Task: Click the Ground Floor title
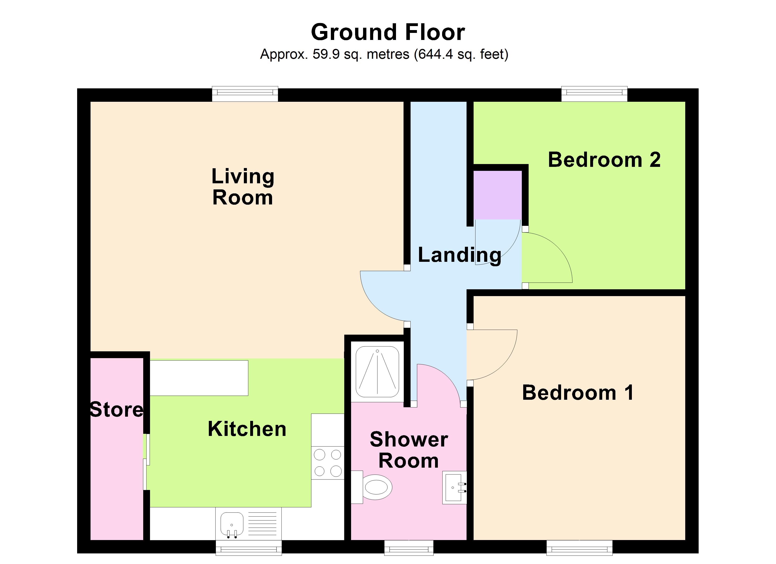388,32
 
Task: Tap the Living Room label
243,187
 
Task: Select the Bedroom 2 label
604,160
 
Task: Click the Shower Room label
409,450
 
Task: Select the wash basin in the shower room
454,487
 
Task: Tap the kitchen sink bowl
232,526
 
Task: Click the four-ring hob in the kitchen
327,463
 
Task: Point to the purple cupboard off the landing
498,195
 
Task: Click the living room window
245,94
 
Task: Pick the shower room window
409,548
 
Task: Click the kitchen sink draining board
262,524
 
